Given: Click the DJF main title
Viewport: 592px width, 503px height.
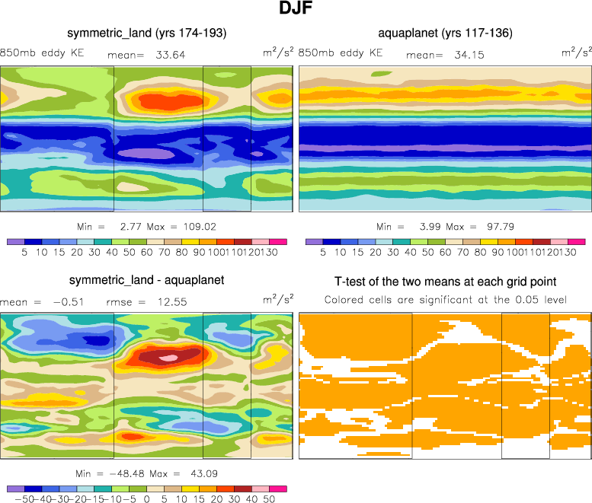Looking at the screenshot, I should point(296,10).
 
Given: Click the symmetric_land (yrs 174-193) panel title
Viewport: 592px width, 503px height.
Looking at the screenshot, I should point(146,33).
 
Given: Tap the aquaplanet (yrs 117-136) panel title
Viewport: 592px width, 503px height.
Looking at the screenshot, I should point(445,33).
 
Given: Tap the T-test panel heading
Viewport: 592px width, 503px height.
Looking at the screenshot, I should point(445,281).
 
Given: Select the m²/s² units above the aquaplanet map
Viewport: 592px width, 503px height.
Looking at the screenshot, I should point(577,53).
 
